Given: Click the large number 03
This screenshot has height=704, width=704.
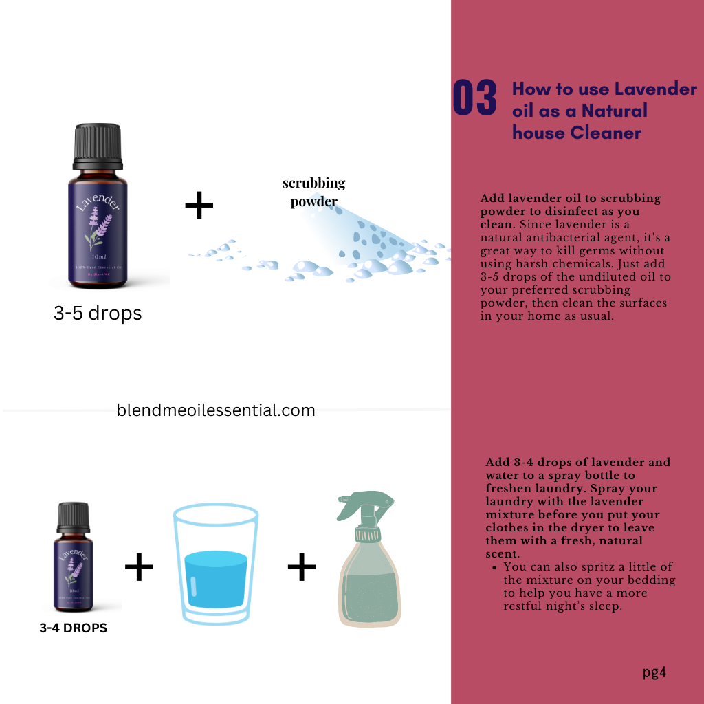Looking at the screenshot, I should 474,98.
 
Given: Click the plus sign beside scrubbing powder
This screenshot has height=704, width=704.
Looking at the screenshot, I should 199,206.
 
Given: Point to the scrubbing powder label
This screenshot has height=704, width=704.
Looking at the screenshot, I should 314,192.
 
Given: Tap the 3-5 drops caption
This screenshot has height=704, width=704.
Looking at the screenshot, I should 98,313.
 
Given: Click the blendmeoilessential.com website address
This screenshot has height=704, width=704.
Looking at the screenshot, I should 216,410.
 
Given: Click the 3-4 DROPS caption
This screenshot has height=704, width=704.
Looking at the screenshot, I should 73,628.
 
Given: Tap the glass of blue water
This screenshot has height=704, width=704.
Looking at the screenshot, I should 216,564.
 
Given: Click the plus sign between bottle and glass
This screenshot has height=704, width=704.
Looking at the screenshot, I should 139,567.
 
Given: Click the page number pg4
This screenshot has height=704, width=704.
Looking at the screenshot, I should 654,672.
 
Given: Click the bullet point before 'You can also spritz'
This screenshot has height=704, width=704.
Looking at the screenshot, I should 495,567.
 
